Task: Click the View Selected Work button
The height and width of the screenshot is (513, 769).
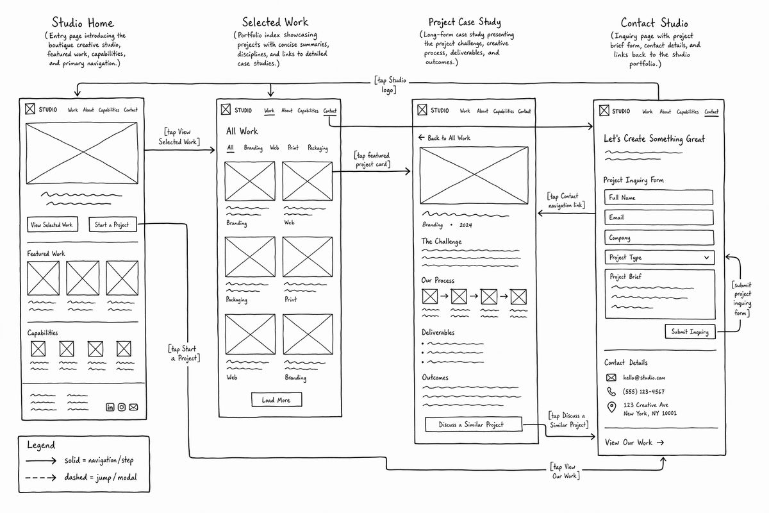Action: click(52, 224)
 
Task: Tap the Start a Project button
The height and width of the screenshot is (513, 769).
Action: click(113, 224)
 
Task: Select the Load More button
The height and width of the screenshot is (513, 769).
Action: click(276, 399)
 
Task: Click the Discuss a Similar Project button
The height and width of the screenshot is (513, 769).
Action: click(474, 425)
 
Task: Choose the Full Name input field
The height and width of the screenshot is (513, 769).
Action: click(659, 198)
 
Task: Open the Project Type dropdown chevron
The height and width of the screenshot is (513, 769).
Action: click(706, 257)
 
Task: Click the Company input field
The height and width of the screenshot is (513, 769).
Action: click(659, 237)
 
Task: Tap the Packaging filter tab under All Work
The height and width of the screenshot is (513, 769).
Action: click(318, 147)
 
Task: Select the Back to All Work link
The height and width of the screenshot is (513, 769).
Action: click(444, 138)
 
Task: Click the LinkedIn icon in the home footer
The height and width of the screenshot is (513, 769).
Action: click(110, 407)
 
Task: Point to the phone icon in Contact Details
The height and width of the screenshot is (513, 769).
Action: click(611, 391)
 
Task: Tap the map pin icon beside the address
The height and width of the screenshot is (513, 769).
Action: click(611, 407)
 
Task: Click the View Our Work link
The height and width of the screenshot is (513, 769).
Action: click(634, 442)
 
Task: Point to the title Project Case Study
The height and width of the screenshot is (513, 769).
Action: click(465, 22)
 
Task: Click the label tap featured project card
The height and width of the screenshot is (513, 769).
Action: click(372, 160)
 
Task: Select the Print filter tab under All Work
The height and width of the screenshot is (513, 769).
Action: click(293, 147)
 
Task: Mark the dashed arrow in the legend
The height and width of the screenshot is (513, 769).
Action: click(41, 477)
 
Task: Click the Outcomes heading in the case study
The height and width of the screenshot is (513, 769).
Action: click(435, 377)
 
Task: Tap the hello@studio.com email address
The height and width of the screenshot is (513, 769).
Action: click(644, 377)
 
